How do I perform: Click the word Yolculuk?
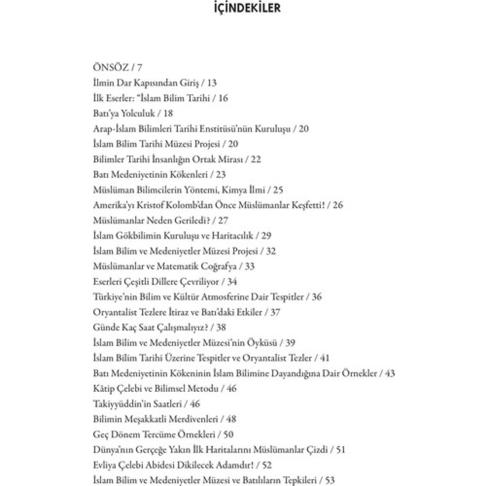pos(137,113)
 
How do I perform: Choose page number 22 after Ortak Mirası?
pos(256,159)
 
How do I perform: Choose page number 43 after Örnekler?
pos(390,373)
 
